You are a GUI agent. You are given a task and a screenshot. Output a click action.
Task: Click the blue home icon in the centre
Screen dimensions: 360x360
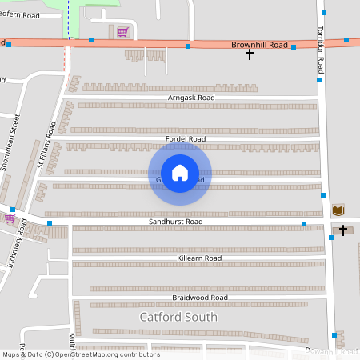click(x=180, y=173)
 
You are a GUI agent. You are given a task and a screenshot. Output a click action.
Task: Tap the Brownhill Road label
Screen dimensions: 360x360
click(x=259, y=46)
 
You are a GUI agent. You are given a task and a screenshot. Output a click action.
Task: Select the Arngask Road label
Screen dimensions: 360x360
click(x=192, y=98)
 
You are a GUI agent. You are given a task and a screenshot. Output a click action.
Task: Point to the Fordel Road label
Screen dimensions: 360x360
click(x=186, y=139)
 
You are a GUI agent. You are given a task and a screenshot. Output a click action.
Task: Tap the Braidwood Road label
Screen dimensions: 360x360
click(x=200, y=298)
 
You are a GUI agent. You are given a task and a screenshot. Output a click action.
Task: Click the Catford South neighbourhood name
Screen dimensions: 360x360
click(x=178, y=317)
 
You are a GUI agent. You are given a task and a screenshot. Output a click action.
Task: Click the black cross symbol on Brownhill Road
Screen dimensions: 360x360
click(x=250, y=54)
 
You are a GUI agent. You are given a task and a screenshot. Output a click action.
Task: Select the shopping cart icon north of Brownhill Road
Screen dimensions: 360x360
click(x=122, y=32)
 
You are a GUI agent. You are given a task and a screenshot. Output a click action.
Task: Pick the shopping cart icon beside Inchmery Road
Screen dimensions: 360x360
click(x=9, y=218)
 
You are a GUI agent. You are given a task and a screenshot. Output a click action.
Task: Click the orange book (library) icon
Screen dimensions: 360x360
click(x=338, y=210)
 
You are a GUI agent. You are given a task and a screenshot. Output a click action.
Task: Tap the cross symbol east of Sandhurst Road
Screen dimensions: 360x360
click(x=343, y=230)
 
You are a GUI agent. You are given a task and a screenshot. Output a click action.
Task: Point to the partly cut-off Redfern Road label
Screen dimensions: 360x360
click(x=19, y=15)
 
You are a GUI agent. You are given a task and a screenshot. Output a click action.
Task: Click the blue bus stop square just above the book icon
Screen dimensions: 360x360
click(x=323, y=194)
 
